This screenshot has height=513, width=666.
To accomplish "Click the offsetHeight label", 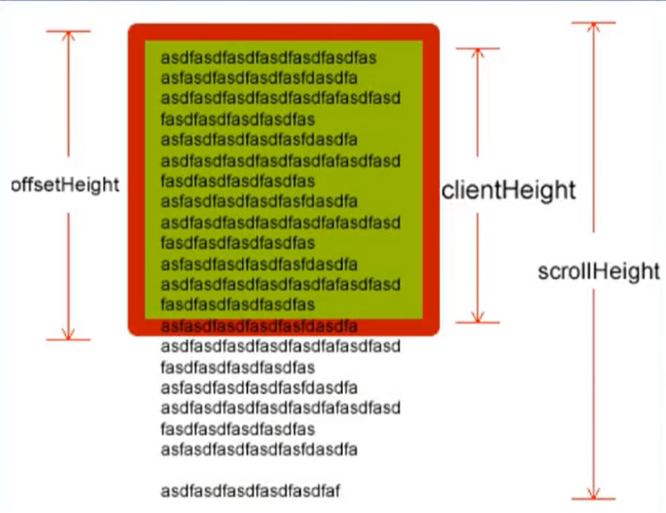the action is tap(65, 185).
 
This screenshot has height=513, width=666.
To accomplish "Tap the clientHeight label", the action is tap(508, 191).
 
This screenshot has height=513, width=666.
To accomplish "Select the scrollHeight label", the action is tap(598, 272).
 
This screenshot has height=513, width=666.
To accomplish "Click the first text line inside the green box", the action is tap(269, 59).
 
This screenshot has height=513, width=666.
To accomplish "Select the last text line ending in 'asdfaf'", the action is tap(250, 492).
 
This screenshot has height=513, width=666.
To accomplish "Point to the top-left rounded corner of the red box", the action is tap(135, 30).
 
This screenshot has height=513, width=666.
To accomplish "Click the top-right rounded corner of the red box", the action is tap(433, 30).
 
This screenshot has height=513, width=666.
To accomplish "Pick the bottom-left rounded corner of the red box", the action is tap(135, 330).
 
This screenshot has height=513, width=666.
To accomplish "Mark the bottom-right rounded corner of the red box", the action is tap(433, 330).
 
